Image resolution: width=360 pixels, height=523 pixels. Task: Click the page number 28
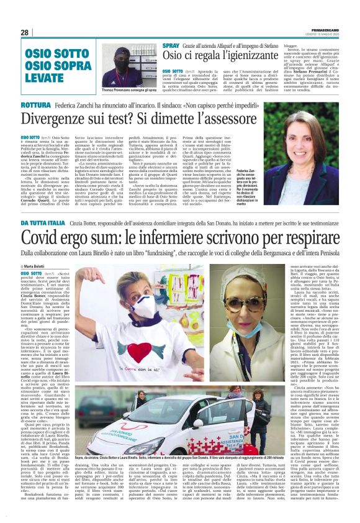25,32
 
